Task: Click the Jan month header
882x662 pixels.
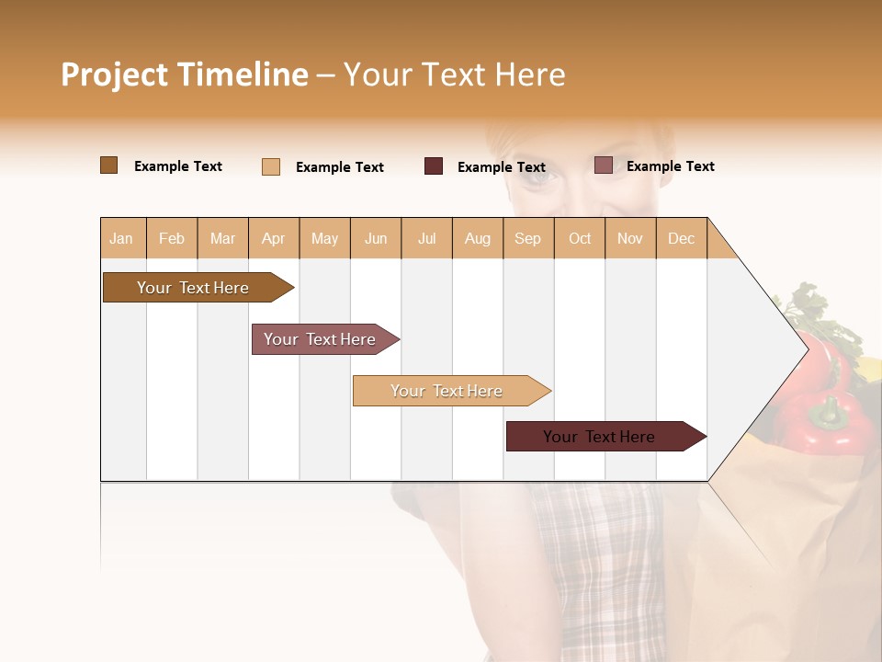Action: click(x=122, y=238)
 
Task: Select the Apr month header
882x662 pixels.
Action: click(x=274, y=238)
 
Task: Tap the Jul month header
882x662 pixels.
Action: click(x=426, y=238)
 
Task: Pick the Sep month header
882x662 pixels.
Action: click(x=527, y=238)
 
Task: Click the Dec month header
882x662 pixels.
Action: click(x=681, y=238)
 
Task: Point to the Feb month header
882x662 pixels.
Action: click(x=172, y=238)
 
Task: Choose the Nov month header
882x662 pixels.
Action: click(x=630, y=238)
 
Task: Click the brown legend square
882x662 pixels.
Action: click(x=109, y=165)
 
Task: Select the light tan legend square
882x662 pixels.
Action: click(x=271, y=166)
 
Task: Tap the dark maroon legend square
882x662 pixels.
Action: click(x=434, y=165)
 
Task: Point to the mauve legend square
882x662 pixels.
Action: click(x=603, y=165)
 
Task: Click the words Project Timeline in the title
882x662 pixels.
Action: click(x=184, y=74)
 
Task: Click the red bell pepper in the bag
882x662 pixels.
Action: click(x=822, y=418)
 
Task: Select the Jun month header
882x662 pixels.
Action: click(x=376, y=238)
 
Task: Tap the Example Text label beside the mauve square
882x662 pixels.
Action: click(x=670, y=166)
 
